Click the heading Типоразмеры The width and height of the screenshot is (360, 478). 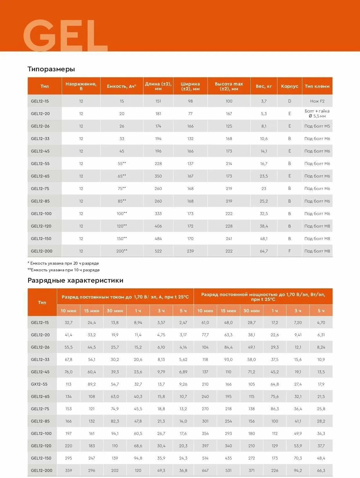[51, 69]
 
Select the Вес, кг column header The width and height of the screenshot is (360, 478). [264, 86]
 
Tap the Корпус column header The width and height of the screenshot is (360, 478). [290, 86]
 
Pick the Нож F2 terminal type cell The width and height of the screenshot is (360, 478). [317, 101]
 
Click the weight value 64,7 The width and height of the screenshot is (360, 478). [264, 251]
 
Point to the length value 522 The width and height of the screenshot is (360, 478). [158, 251]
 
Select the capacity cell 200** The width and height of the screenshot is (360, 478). [122, 251]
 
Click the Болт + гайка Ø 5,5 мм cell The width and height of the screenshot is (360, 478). [317, 114]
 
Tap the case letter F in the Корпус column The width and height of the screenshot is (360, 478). [290, 251]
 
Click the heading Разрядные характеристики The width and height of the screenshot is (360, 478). [75, 280]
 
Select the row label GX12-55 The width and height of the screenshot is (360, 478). [39, 384]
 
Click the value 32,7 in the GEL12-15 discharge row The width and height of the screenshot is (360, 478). [68, 322]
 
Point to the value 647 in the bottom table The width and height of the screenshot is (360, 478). [205, 470]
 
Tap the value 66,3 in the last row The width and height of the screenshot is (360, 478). [321, 470]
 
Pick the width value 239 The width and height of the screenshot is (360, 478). [190, 251]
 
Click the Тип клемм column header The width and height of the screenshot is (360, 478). [317, 86]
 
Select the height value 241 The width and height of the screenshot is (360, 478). [229, 239]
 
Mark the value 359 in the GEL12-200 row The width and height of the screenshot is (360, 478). [68, 470]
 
